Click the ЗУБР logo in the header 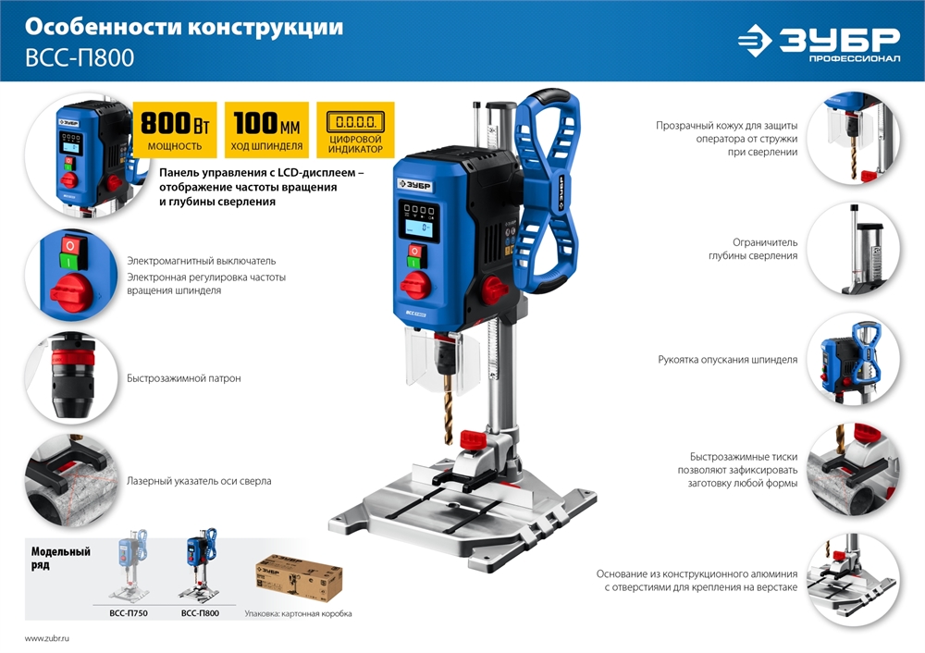pos(818,42)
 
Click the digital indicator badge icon pos(355,123)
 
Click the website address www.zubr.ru pos(47,639)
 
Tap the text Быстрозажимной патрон pos(183,379)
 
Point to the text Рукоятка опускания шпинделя pos(727,360)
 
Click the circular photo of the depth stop pos(852,249)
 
